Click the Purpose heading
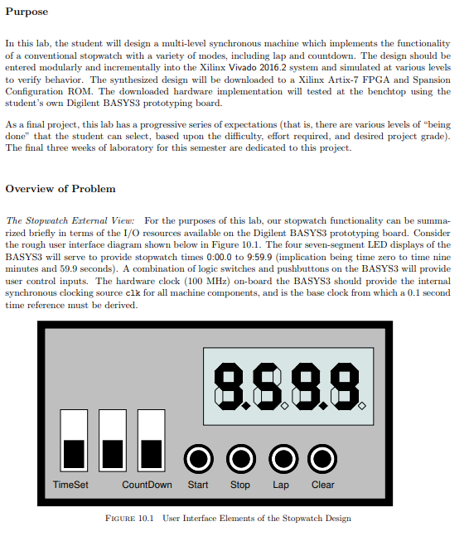(x=27, y=12)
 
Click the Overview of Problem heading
(x=60, y=189)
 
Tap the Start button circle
(x=199, y=459)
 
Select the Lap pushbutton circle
(x=283, y=459)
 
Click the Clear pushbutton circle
(x=322, y=459)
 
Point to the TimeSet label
(x=70, y=485)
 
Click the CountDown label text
(x=147, y=485)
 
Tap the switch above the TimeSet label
(x=74, y=440)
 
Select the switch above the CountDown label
(x=152, y=440)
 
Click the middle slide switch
(x=113, y=440)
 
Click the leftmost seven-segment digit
(x=228, y=386)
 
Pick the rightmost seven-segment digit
(x=345, y=386)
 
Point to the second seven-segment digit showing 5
(x=267, y=386)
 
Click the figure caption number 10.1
(x=146, y=519)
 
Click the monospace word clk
(x=133, y=293)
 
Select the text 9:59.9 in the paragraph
(x=259, y=257)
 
